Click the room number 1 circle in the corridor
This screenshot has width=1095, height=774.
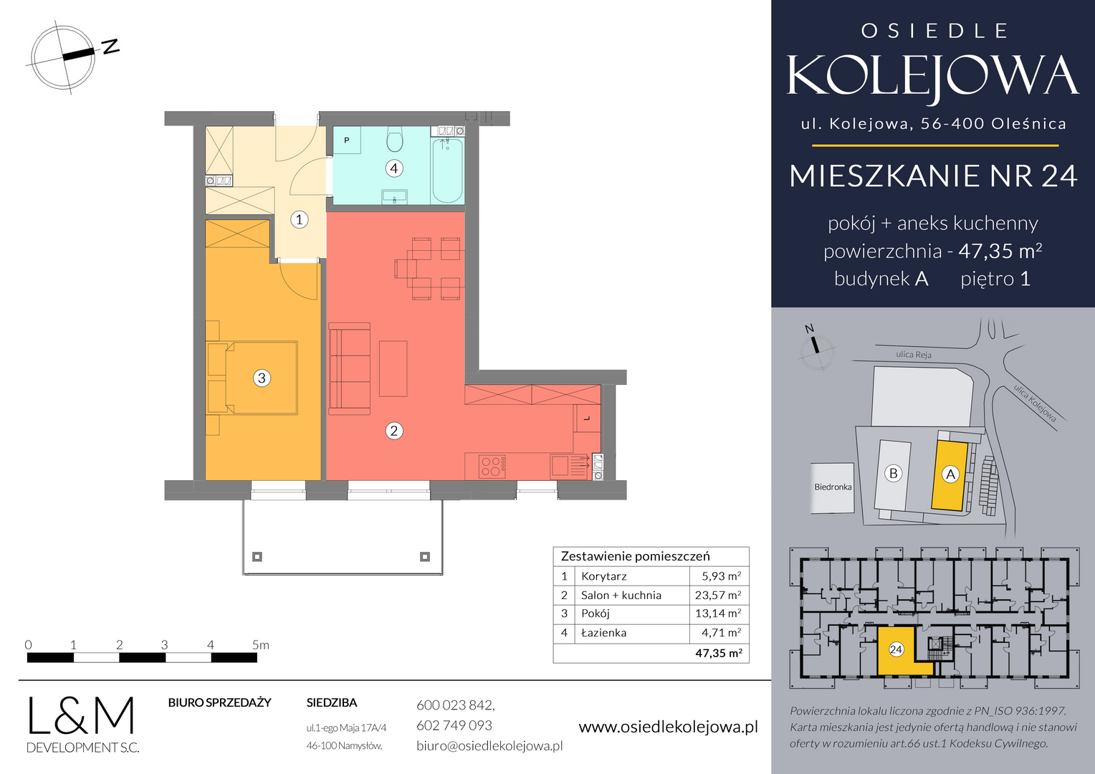pyautogui.click(x=299, y=219)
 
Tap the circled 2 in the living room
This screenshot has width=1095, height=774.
pyautogui.click(x=394, y=431)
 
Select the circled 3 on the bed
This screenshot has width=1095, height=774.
pyautogui.click(x=262, y=378)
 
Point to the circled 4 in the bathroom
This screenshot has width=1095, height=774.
pyautogui.click(x=394, y=168)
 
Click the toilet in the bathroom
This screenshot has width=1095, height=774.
pyautogui.click(x=394, y=139)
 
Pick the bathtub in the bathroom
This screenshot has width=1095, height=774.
pyautogui.click(x=448, y=170)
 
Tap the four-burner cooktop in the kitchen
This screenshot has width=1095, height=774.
pyautogui.click(x=492, y=466)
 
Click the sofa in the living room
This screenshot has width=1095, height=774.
pyautogui.click(x=350, y=368)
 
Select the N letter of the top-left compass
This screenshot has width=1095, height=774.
pyautogui.click(x=110, y=47)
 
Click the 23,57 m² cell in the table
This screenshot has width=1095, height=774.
pyautogui.click(x=718, y=595)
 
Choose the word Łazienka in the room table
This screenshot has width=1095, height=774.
pyautogui.click(x=603, y=633)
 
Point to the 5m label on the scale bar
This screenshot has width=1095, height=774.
pyautogui.click(x=261, y=645)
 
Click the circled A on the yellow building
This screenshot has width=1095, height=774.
pyautogui.click(x=950, y=474)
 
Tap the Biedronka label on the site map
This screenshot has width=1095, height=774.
pyautogui.click(x=833, y=487)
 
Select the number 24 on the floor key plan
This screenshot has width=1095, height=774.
pyautogui.click(x=896, y=649)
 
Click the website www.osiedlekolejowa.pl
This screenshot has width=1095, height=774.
pyautogui.click(x=668, y=727)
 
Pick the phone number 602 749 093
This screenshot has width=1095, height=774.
pyautogui.click(x=454, y=725)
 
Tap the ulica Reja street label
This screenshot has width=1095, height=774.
pyautogui.click(x=914, y=355)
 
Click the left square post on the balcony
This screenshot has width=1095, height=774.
pyautogui.click(x=257, y=556)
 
